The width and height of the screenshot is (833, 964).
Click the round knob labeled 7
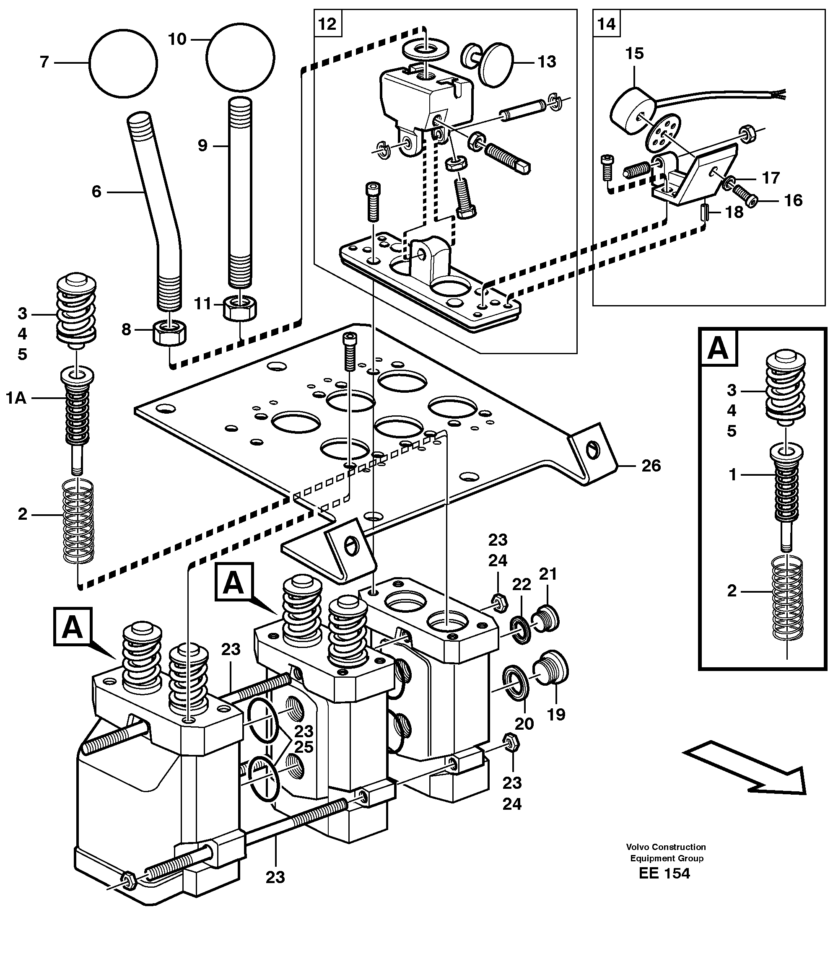tap(123, 63)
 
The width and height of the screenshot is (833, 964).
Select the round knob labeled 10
tap(240, 57)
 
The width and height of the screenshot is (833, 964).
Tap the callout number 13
tap(547, 62)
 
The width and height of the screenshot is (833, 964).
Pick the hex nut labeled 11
tap(240, 308)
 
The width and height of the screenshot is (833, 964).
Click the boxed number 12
tap(327, 23)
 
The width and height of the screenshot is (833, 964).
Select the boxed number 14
tap(606, 23)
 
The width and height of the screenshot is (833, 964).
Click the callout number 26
tap(651, 466)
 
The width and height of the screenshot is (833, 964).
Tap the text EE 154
tap(664, 873)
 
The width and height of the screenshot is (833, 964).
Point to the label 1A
tap(16, 398)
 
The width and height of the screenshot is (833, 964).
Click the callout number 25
tap(304, 747)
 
